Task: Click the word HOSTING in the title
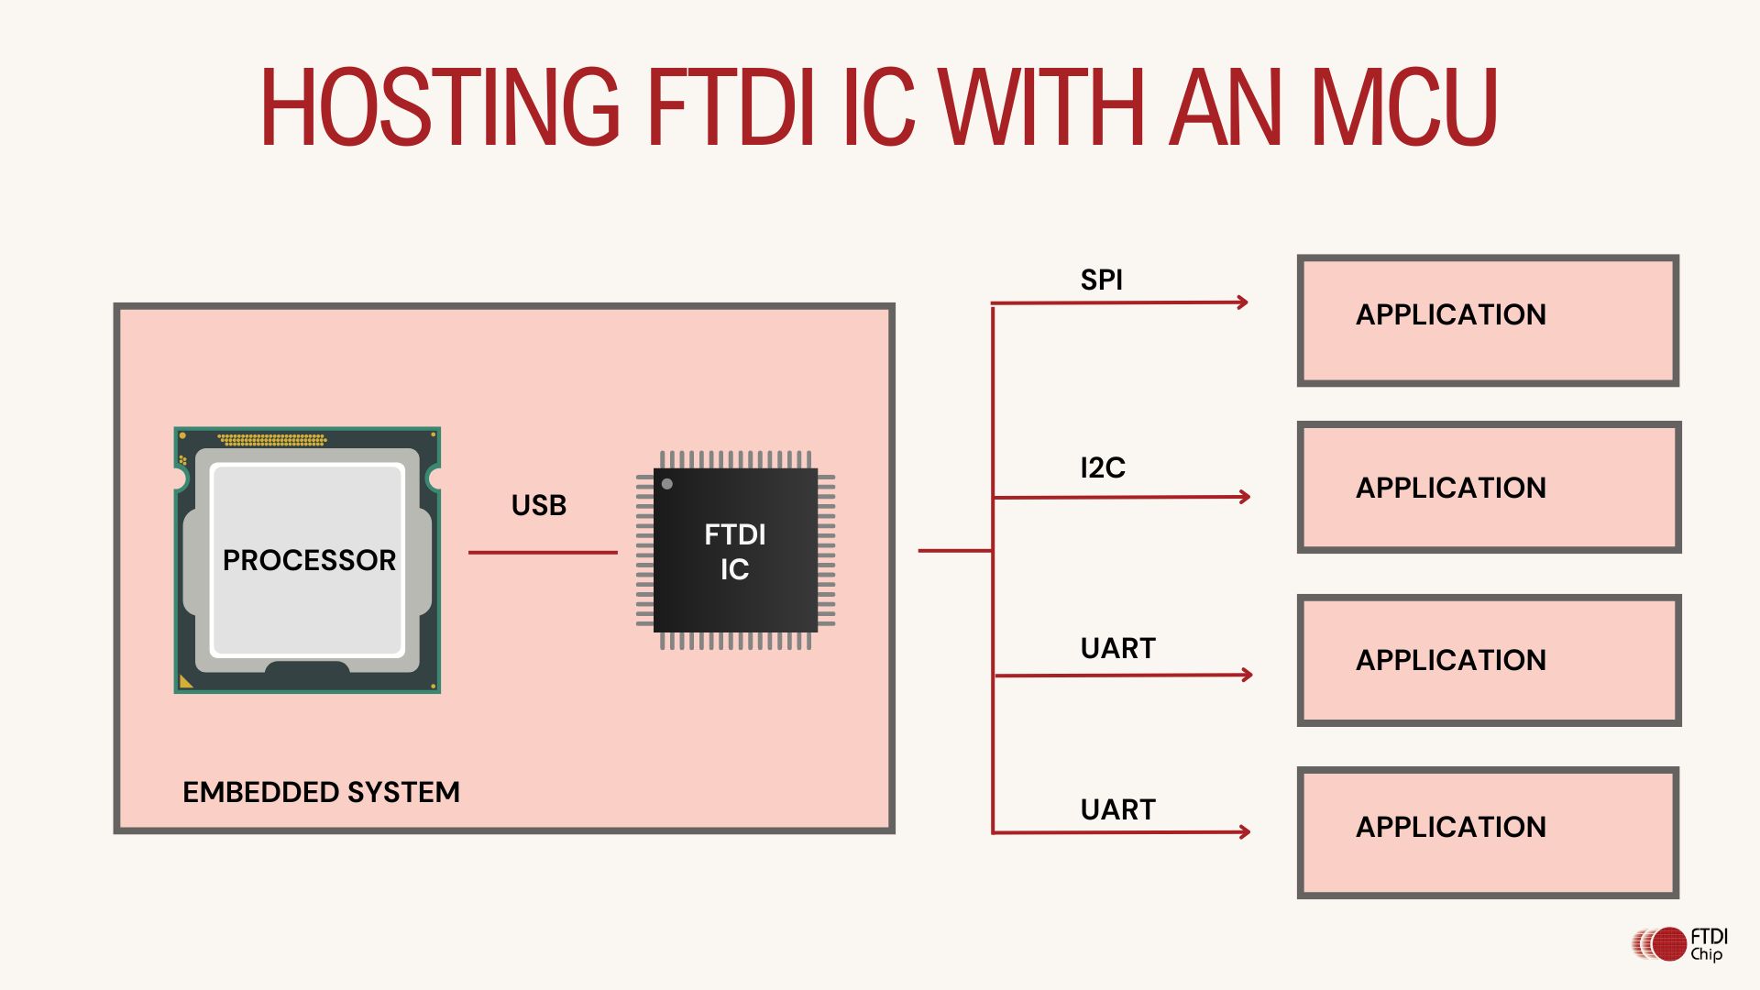(x=440, y=107)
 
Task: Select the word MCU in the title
(x=1404, y=107)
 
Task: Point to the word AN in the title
(x=1226, y=107)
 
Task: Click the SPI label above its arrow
(x=1101, y=280)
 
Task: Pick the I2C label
(x=1102, y=467)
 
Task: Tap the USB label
(x=538, y=505)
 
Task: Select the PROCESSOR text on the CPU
(x=309, y=560)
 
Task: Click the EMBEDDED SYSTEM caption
(x=321, y=792)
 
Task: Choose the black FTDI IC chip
(x=735, y=550)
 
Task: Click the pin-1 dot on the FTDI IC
(x=667, y=484)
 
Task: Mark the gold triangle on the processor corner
(x=186, y=681)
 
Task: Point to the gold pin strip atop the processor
(x=272, y=440)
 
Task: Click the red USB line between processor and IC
(x=543, y=553)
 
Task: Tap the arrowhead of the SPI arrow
(x=1243, y=302)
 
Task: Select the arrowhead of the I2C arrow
(x=1245, y=497)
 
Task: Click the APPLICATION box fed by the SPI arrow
(x=1488, y=320)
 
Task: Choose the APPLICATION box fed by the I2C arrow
(x=1489, y=487)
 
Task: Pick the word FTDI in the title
(x=731, y=107)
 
